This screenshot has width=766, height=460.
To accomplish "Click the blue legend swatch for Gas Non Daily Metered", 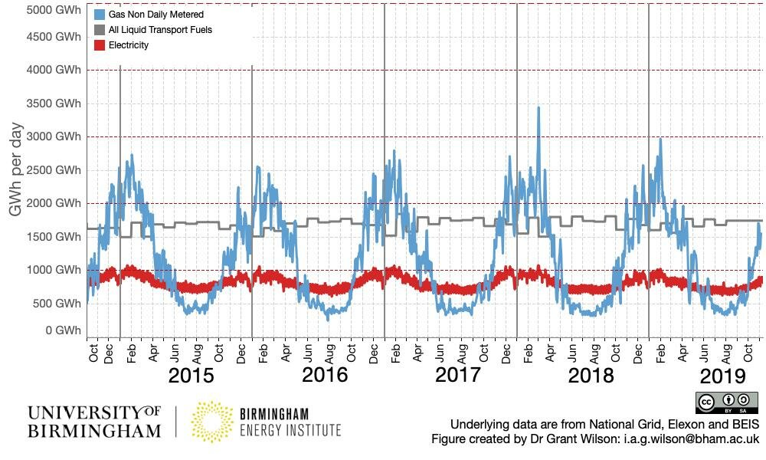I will tap(100, 15).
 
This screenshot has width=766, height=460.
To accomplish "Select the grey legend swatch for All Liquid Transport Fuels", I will tap(100, 30).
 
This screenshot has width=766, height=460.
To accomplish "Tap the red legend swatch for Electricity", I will tap(100, 45).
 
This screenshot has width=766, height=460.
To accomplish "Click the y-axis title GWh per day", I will tap(16, 169).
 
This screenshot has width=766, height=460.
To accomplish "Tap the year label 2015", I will tap(191, 376).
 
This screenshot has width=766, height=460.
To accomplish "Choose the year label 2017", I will tap(457, 376).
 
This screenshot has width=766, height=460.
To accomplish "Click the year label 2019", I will tap(723, 376).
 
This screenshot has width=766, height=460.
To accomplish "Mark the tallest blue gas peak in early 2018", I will tap(538, 108).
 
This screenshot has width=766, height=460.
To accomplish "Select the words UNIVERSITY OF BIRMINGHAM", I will tap(94, 422).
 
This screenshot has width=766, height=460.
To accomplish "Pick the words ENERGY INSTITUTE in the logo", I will tap(290, 430).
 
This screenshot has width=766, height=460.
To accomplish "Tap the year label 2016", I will tap(325, 376).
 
